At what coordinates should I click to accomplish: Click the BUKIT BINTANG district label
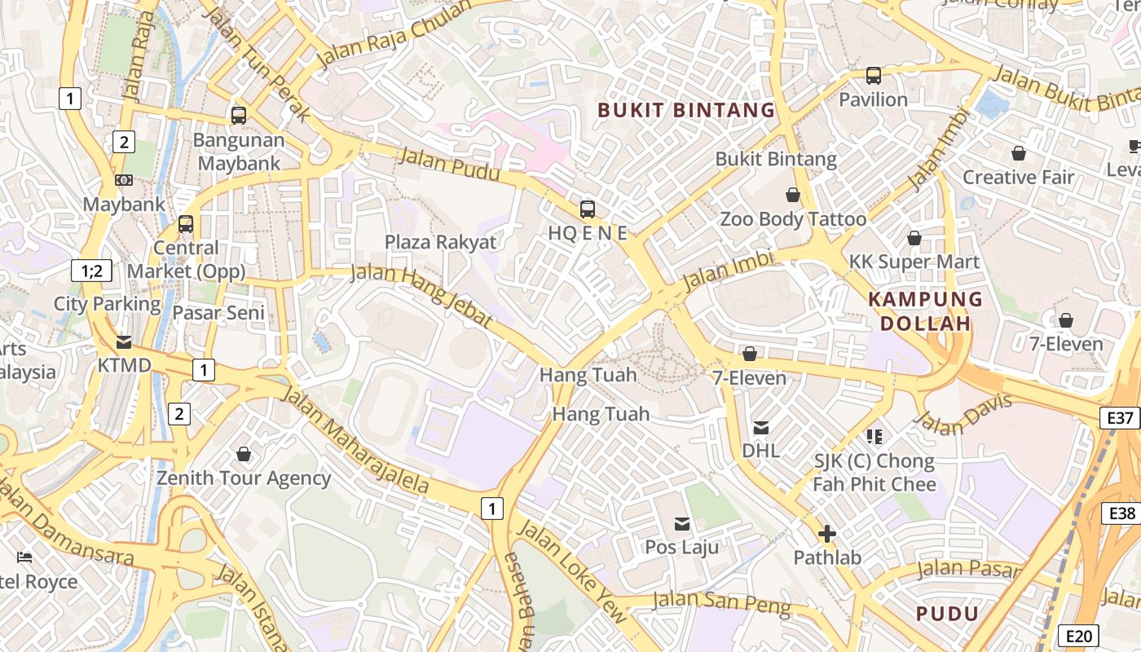point(686,110)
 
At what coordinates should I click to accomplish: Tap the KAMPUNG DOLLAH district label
point(925,311)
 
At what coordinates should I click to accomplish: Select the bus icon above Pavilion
point(874,76)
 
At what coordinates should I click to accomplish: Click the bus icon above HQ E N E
point(587,209)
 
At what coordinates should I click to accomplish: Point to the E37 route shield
point(1121,418)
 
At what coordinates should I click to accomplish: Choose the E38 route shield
point(1122,513)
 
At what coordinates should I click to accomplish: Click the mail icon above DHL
point(761,427)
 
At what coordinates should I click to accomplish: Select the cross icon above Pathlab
point(827,534)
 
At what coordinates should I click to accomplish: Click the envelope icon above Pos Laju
point(681,523)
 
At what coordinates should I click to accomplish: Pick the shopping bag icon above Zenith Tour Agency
point(243,454)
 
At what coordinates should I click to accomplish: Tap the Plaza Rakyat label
point(440,242)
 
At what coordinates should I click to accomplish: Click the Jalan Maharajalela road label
point(355,440)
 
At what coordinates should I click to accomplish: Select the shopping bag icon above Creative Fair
point(1018,153)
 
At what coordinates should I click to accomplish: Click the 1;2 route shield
point(91,271)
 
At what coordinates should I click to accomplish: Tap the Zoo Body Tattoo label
point(792,219)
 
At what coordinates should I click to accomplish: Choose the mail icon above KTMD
point(124,341)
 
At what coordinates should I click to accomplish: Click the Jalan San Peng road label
point(722,603)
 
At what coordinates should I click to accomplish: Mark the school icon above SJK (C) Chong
point(874,437)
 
